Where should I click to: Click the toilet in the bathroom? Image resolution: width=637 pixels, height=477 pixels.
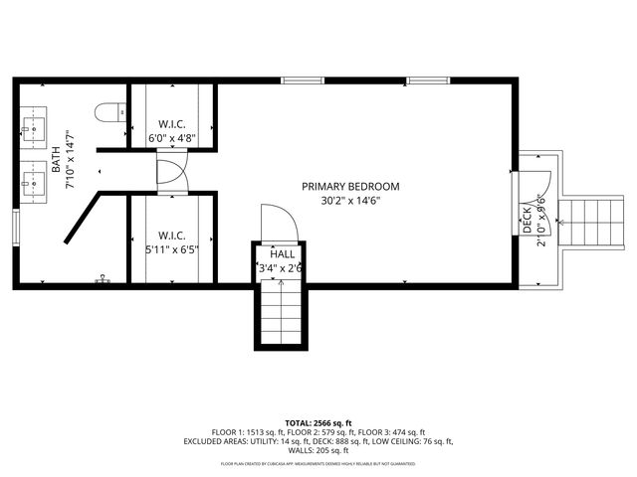coord(108,112)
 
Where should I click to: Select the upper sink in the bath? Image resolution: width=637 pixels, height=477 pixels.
coord(31,128)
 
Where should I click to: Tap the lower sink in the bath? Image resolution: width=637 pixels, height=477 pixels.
coord(31,180)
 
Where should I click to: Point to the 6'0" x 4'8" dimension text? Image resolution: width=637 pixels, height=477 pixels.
coord(172,139)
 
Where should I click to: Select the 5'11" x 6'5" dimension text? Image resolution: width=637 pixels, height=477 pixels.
coord(172,249)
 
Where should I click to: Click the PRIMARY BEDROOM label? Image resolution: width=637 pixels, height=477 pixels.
coord(351,186)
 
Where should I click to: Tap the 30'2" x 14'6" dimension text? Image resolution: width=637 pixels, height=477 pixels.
coord(351,200)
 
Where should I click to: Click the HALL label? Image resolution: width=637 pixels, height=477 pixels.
coord(281,253)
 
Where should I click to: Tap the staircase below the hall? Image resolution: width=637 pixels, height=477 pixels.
coord(280,312)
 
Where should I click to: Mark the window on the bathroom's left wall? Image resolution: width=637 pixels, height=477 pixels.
coord(15,226)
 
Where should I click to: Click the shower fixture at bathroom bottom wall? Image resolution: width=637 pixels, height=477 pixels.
coord(101,281)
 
